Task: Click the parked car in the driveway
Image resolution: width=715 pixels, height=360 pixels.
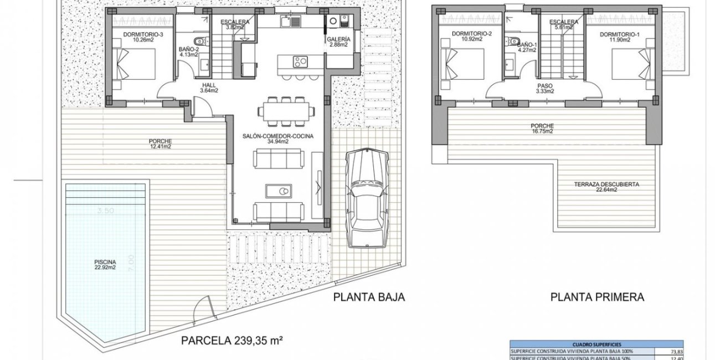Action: pyautogui.click(x=364, y=199)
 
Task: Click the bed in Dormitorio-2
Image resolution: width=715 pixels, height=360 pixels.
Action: pyautogui.click(x=463, y=64)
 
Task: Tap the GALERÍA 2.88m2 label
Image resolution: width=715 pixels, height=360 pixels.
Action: pyautogui.click(x=338, y=42)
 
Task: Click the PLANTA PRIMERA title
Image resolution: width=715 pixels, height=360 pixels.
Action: pyautogui.click(x=597, y=297)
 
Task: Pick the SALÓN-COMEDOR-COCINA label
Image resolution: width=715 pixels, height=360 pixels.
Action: pyautogui.click(x=277, y=138)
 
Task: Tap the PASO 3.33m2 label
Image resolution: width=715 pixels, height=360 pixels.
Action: pyautogui.click(x=545, y=89)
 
